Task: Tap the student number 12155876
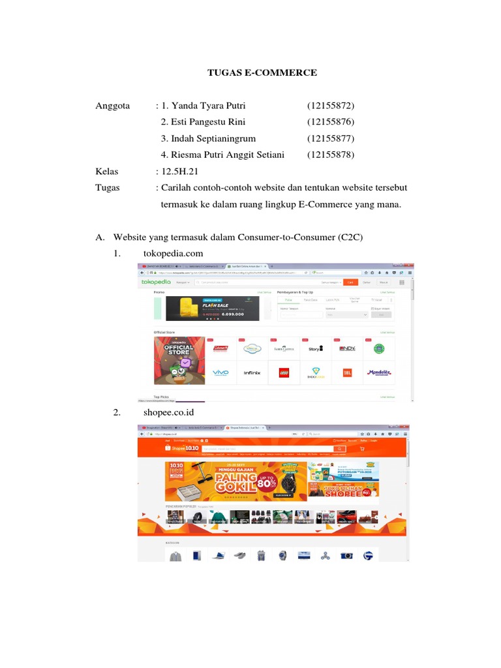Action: point(331,122)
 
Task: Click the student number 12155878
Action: point(331,155)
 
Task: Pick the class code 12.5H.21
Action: point(178,172)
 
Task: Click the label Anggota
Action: point(113,106)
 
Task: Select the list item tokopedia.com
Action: point(174,253)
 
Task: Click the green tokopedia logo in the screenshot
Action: point(155,282)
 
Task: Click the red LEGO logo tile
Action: point(283,372)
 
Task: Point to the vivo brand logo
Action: point(221,372)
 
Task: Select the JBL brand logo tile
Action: point(346,372)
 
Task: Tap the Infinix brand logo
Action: point(252,372)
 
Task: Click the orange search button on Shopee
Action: point(339,449)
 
